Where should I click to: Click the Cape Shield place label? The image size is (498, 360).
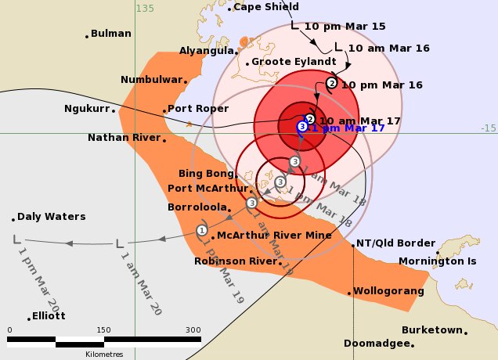click(x=266, y=7)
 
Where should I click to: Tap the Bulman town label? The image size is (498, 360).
click(x=110, y=34)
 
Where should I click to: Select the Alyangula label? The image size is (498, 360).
click(x=207, y=50)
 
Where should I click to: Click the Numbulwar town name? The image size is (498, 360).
click(x=151, y=79)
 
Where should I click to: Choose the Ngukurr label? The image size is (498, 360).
click(x=86, y=109)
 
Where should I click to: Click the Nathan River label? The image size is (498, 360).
click(x=124, y=138)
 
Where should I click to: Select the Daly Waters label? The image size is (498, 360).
click(x=52, y=217)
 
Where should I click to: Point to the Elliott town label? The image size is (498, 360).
click(x=49, y=316)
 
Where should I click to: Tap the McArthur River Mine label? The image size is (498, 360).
click(x=264, y=234)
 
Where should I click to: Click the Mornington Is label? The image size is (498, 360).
click(x=437, y=261)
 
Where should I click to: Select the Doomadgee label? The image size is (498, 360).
click(x=377, y=344)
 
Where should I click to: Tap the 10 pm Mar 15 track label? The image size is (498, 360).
click(x=345, y=26)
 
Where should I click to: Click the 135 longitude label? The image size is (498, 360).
click(x=145, y=9)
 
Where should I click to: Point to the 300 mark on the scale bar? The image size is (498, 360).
click(x=193, y=329)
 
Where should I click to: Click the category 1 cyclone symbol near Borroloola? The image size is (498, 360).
click(x=202, y=230)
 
